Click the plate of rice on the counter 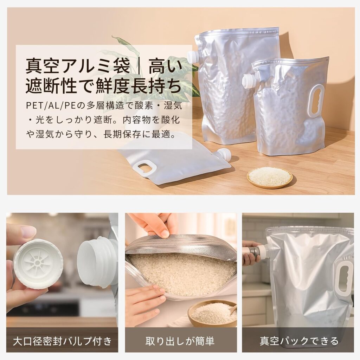tap(270, 178)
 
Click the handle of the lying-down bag tap(144, 168)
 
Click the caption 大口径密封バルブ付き tap(62, 341)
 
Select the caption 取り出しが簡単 tap(180, 341)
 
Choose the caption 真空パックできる tap(299, 341)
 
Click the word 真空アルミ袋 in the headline tap(78, 65)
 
